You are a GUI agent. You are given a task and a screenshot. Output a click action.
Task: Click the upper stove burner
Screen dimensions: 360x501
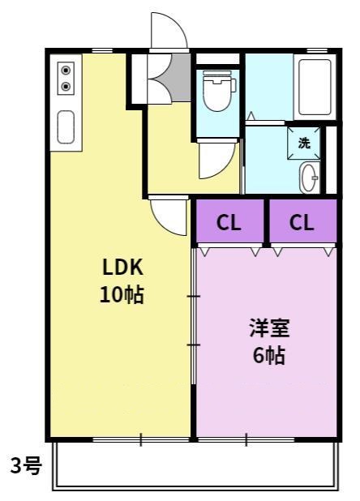pyautogui.click(x=66, y=70)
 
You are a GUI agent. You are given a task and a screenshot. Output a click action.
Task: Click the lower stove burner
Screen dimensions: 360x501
pyautogui.click(x=66, y=86)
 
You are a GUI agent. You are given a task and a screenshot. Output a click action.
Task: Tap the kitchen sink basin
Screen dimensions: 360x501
pyautogui.click(x=66, y=126)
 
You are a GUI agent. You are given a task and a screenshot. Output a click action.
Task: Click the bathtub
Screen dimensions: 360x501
pyautogui.click(x=315, y=87)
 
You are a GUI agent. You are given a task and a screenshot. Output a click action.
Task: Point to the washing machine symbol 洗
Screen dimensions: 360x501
pyautogui.click(x=304, y=143)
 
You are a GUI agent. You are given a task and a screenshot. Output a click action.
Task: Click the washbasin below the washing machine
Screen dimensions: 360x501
pyautogui.click(x=309, y=178)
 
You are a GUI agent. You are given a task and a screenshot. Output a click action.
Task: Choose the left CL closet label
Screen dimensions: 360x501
pyautogui.click(x=229, y=222)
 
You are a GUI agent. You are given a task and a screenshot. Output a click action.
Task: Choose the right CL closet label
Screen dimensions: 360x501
pyautogui.click(x=302, y=222)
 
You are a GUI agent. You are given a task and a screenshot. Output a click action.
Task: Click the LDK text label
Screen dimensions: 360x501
pyautogui.click(x=122, y=267)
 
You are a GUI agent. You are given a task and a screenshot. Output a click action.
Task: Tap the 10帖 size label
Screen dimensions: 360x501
pyautogui.click(x=122, y=294)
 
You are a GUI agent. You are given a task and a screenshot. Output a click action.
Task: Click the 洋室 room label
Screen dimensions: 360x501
pyautogui.click(x=269, y=328)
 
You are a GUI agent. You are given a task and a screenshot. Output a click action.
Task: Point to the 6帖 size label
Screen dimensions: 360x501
pyautogui.click(x=269, y=355)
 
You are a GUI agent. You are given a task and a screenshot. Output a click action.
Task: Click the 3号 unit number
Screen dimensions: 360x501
pyautogui.click(x=26, y=465)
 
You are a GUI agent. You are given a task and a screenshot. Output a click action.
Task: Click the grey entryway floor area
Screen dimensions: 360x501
pyautogui.click(x=181, y=78)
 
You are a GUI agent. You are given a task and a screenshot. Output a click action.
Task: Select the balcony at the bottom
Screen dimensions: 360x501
pyautogui.click(x=195, y=465)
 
